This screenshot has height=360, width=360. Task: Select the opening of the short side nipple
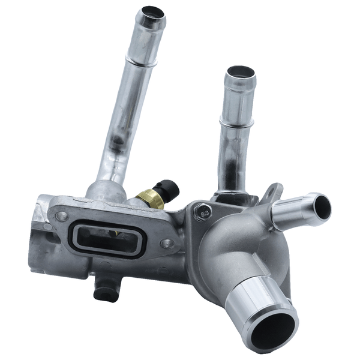click(322, 207)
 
